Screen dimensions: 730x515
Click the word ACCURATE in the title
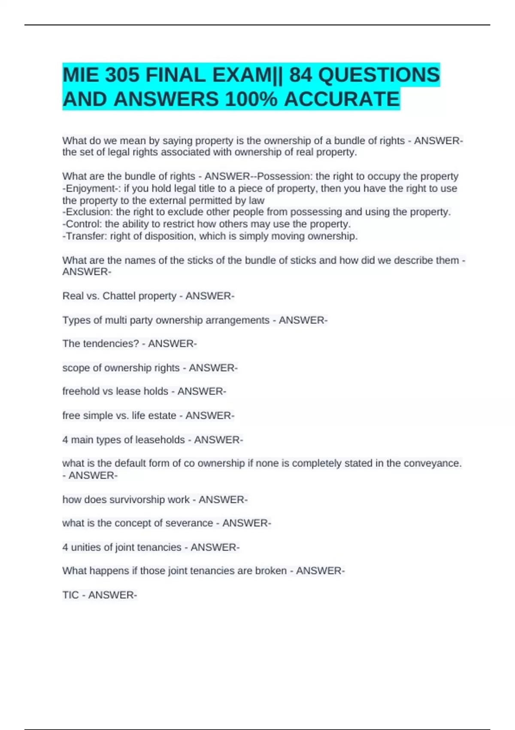pyautogui.click(x=342, y=99)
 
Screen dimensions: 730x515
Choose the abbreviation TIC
pyautogui.click(x=70, y=595)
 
